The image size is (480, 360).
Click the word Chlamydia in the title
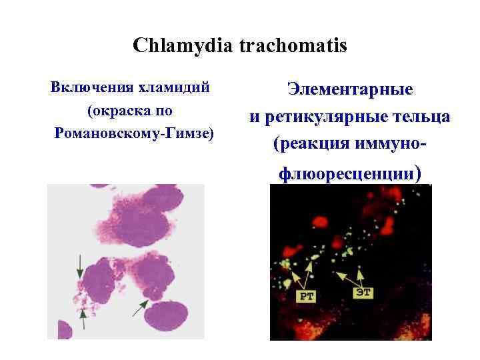pyautogui.click(x=175, y=46)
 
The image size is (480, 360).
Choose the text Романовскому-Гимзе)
pyautogui.click(x=136, y=133)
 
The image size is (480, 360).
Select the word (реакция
pyautogui.click(x=313, y=143)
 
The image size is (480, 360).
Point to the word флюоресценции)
pyautogui.click(x=350, y=174)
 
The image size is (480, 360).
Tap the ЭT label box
pyautogui.click(x=363, y=292)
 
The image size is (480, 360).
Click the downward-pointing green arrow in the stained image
pyautogui.click(x=81, y=266)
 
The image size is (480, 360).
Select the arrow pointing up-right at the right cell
pyautogui.click(x=141, y=307)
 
